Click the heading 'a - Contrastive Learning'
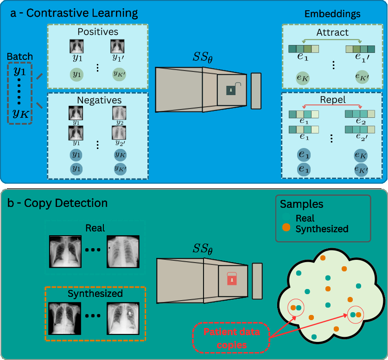(x=75, y=13)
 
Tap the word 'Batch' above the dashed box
(x=19, y=57)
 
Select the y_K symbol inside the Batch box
(x=19, y=113)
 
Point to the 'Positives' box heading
(x=98, y=32)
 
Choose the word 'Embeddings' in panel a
(x=332, y=14)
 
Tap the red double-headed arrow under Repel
(x=332, y=106)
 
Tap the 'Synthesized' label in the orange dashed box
(x=95, y=294)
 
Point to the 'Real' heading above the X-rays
(x=95, y=228)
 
